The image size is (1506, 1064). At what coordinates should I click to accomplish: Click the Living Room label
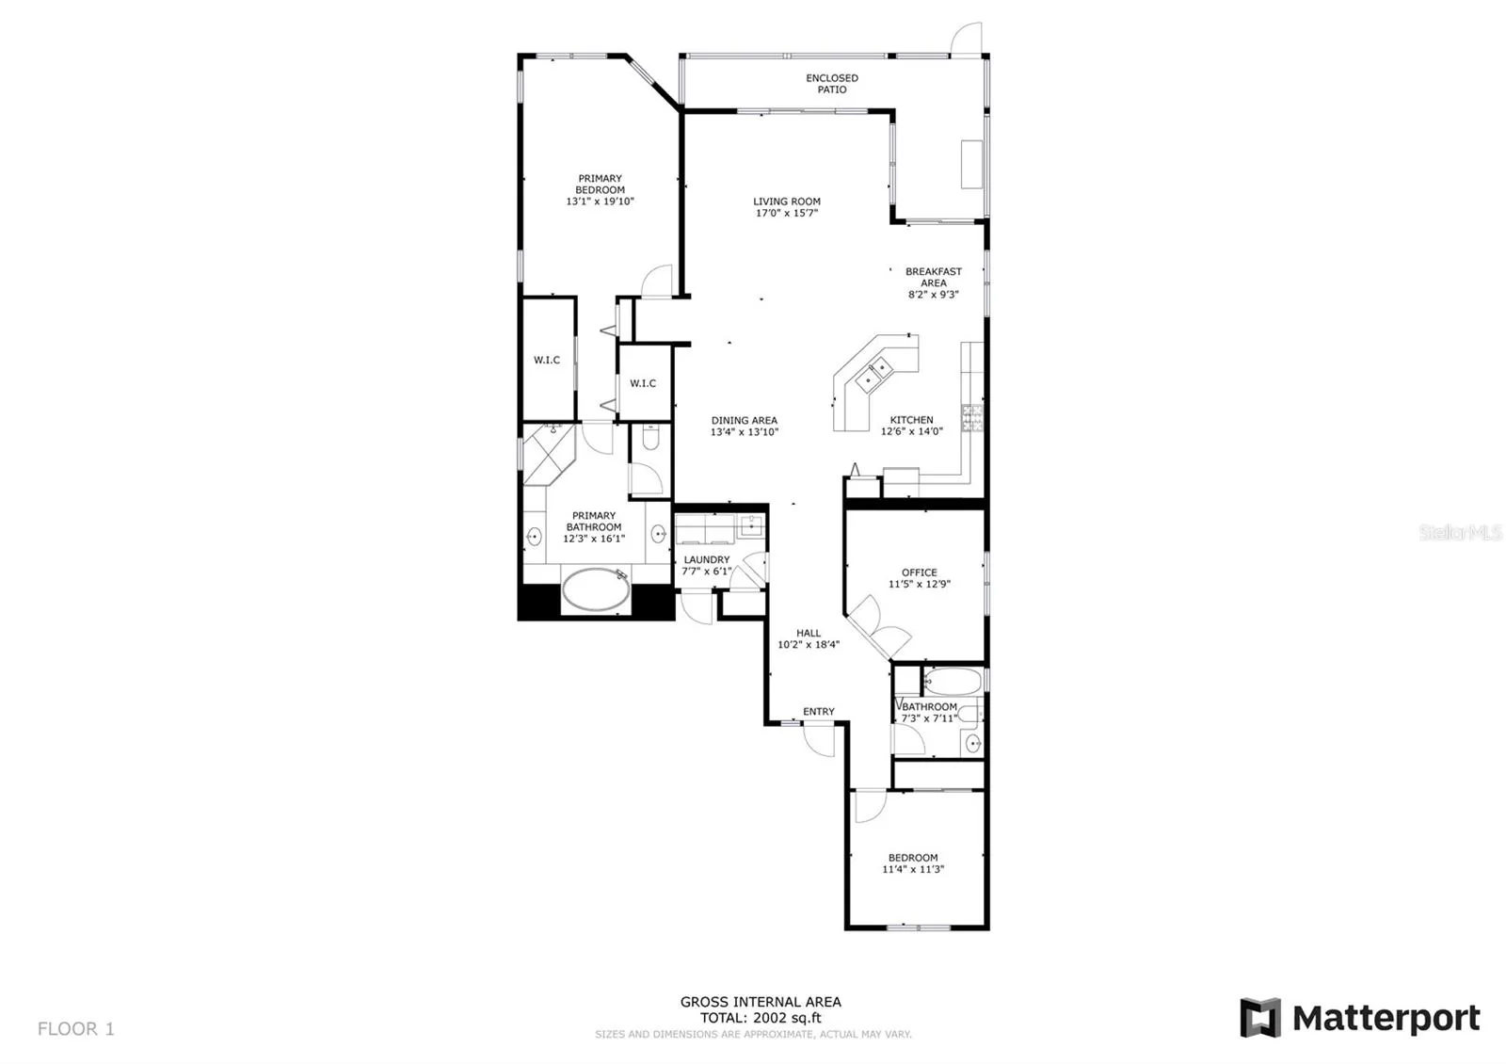(787, 202)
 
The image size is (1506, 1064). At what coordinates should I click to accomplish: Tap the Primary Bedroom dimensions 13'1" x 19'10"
(600, 202)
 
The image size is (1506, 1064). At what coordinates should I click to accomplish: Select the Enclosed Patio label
(832, 84)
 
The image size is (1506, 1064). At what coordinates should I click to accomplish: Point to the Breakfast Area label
(933, 277)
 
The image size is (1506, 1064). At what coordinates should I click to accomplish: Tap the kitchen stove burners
(972, 418)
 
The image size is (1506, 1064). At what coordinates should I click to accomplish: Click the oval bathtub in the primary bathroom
(596, 589)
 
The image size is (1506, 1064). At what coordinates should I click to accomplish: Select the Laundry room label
(707, 559)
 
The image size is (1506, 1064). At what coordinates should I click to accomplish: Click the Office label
(919, 572)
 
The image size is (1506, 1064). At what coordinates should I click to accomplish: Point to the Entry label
(818, 712)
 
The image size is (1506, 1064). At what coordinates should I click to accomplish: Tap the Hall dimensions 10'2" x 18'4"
(809, 644)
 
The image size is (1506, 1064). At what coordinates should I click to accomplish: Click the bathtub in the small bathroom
(953, 682)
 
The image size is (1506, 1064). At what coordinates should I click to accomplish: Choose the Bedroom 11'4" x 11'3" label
(913, 863)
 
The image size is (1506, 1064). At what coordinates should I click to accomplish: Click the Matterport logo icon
(1259, 1018)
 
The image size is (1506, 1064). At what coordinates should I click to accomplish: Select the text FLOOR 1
(76, 1028)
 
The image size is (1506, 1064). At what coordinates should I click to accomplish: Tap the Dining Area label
(745, 420)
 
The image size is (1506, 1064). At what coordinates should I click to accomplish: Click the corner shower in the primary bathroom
(550, 454)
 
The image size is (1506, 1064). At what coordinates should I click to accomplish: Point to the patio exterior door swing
(966, 39)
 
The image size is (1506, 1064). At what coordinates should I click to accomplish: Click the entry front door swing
(819, 740)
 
